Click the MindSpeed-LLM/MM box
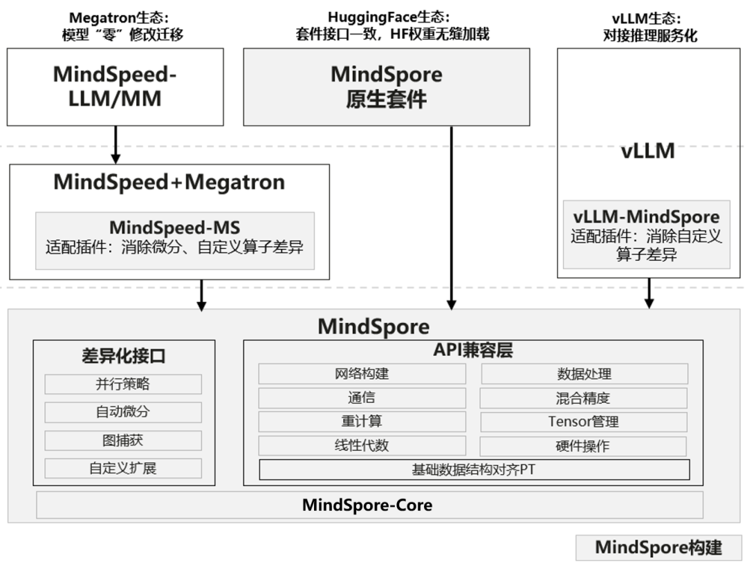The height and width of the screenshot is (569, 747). point(116,87)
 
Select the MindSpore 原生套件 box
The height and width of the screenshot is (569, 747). point(386,87)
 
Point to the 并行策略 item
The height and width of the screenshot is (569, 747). point(123,384)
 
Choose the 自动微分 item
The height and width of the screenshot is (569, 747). point(123,412)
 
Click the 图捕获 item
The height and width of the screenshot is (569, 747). point(123,440)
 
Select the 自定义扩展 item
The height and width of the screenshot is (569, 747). point(123,468)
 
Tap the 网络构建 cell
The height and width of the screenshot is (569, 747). point(362,374)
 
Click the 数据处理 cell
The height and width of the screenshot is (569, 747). point(584,374)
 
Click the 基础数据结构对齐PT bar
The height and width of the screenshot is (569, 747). point(474,470)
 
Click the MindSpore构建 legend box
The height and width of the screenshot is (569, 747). point(658,548)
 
